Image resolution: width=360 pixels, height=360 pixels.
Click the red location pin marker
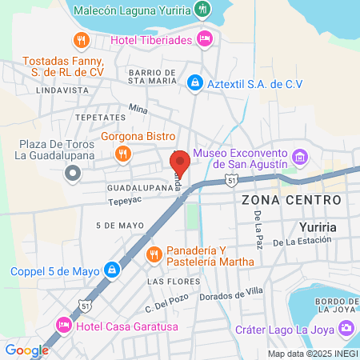click(x=180, y=164)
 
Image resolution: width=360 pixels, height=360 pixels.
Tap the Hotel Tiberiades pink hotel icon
click(x=205, y=37)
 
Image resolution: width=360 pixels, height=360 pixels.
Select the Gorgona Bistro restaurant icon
click(x=122, y=154)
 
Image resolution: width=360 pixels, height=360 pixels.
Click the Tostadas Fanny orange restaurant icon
click(x=80, y=40)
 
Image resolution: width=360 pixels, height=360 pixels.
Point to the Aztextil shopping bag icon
click(x=194, y=82)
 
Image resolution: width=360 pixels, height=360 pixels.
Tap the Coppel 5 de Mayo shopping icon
click(x=114, y=270)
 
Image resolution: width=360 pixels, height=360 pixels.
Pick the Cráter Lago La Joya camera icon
click(x=346, y=327)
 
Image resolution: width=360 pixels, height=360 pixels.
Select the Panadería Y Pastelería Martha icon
click(x=154, y=255)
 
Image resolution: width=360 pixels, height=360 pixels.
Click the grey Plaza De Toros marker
click(x=74, y=171)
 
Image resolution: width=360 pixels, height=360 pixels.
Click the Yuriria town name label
click(x=315, y=226)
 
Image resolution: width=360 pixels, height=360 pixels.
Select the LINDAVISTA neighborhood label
click(x=63, y=91)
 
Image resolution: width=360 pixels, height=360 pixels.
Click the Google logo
click(x=26, y=350)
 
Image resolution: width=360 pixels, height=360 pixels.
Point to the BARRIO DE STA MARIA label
click(x=152, y=76)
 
